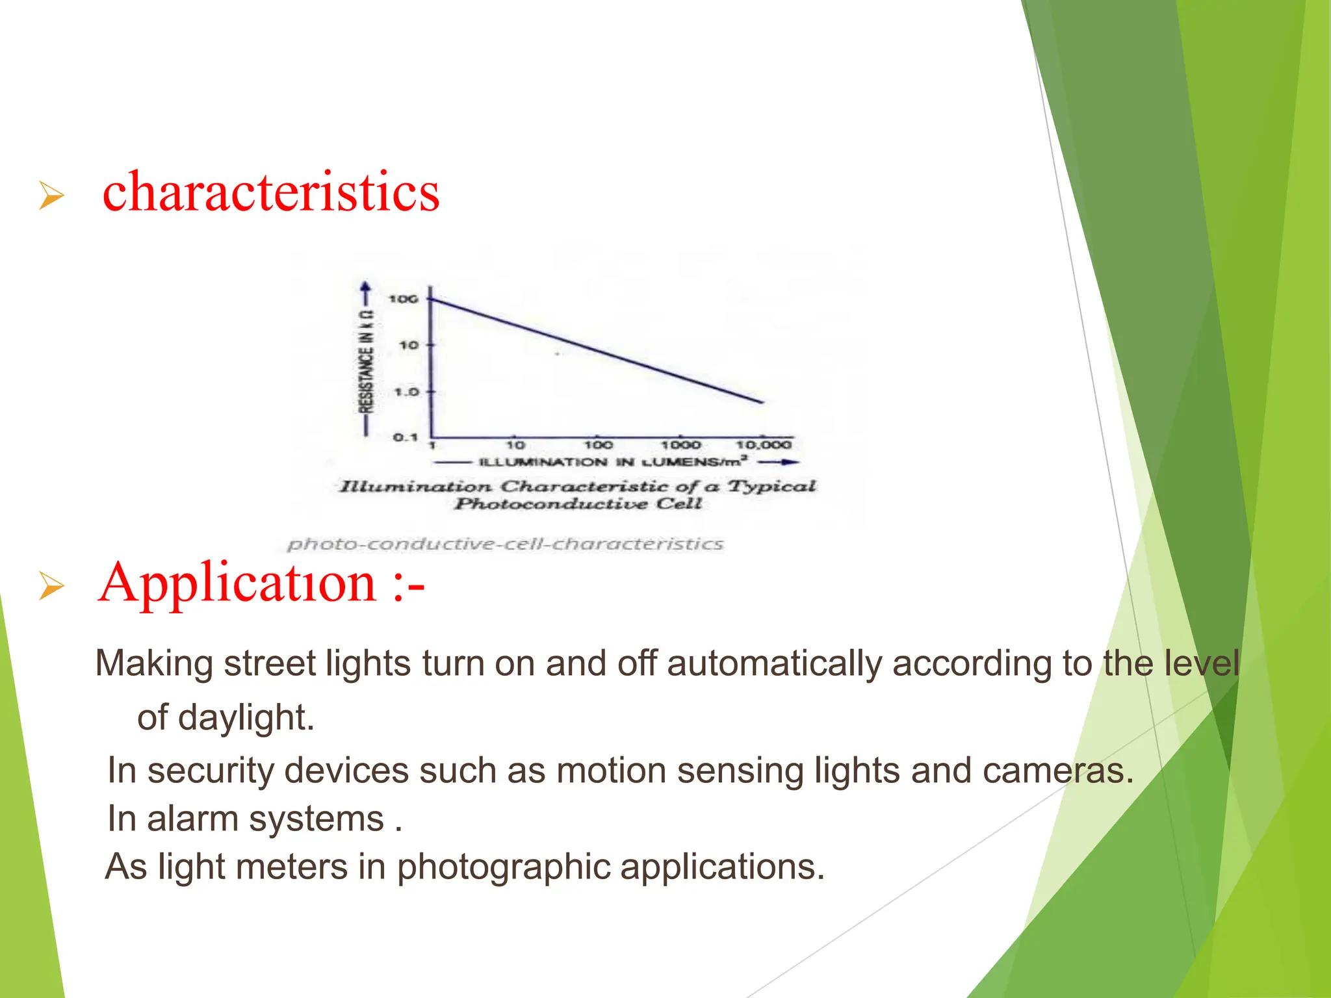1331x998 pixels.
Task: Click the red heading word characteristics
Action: [271, 192]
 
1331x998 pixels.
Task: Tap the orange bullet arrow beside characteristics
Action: [51, 196]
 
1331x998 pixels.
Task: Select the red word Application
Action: [237, 583]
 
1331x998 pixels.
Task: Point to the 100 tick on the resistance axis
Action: [403, 299]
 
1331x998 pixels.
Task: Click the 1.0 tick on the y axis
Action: [407, 392]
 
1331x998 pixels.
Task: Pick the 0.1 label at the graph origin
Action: [406, 437]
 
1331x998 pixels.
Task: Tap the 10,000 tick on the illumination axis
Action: [764, 445]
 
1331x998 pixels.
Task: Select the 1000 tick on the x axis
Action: [680, 445]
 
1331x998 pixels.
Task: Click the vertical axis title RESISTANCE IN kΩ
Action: [367, 362]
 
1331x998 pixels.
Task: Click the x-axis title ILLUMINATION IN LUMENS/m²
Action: [613, 462]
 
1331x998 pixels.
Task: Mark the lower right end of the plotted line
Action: [762, 402]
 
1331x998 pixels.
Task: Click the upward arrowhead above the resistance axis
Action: [366, 287]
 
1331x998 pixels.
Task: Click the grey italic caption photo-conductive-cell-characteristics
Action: [505, 544]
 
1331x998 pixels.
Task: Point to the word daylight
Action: [246, 718]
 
